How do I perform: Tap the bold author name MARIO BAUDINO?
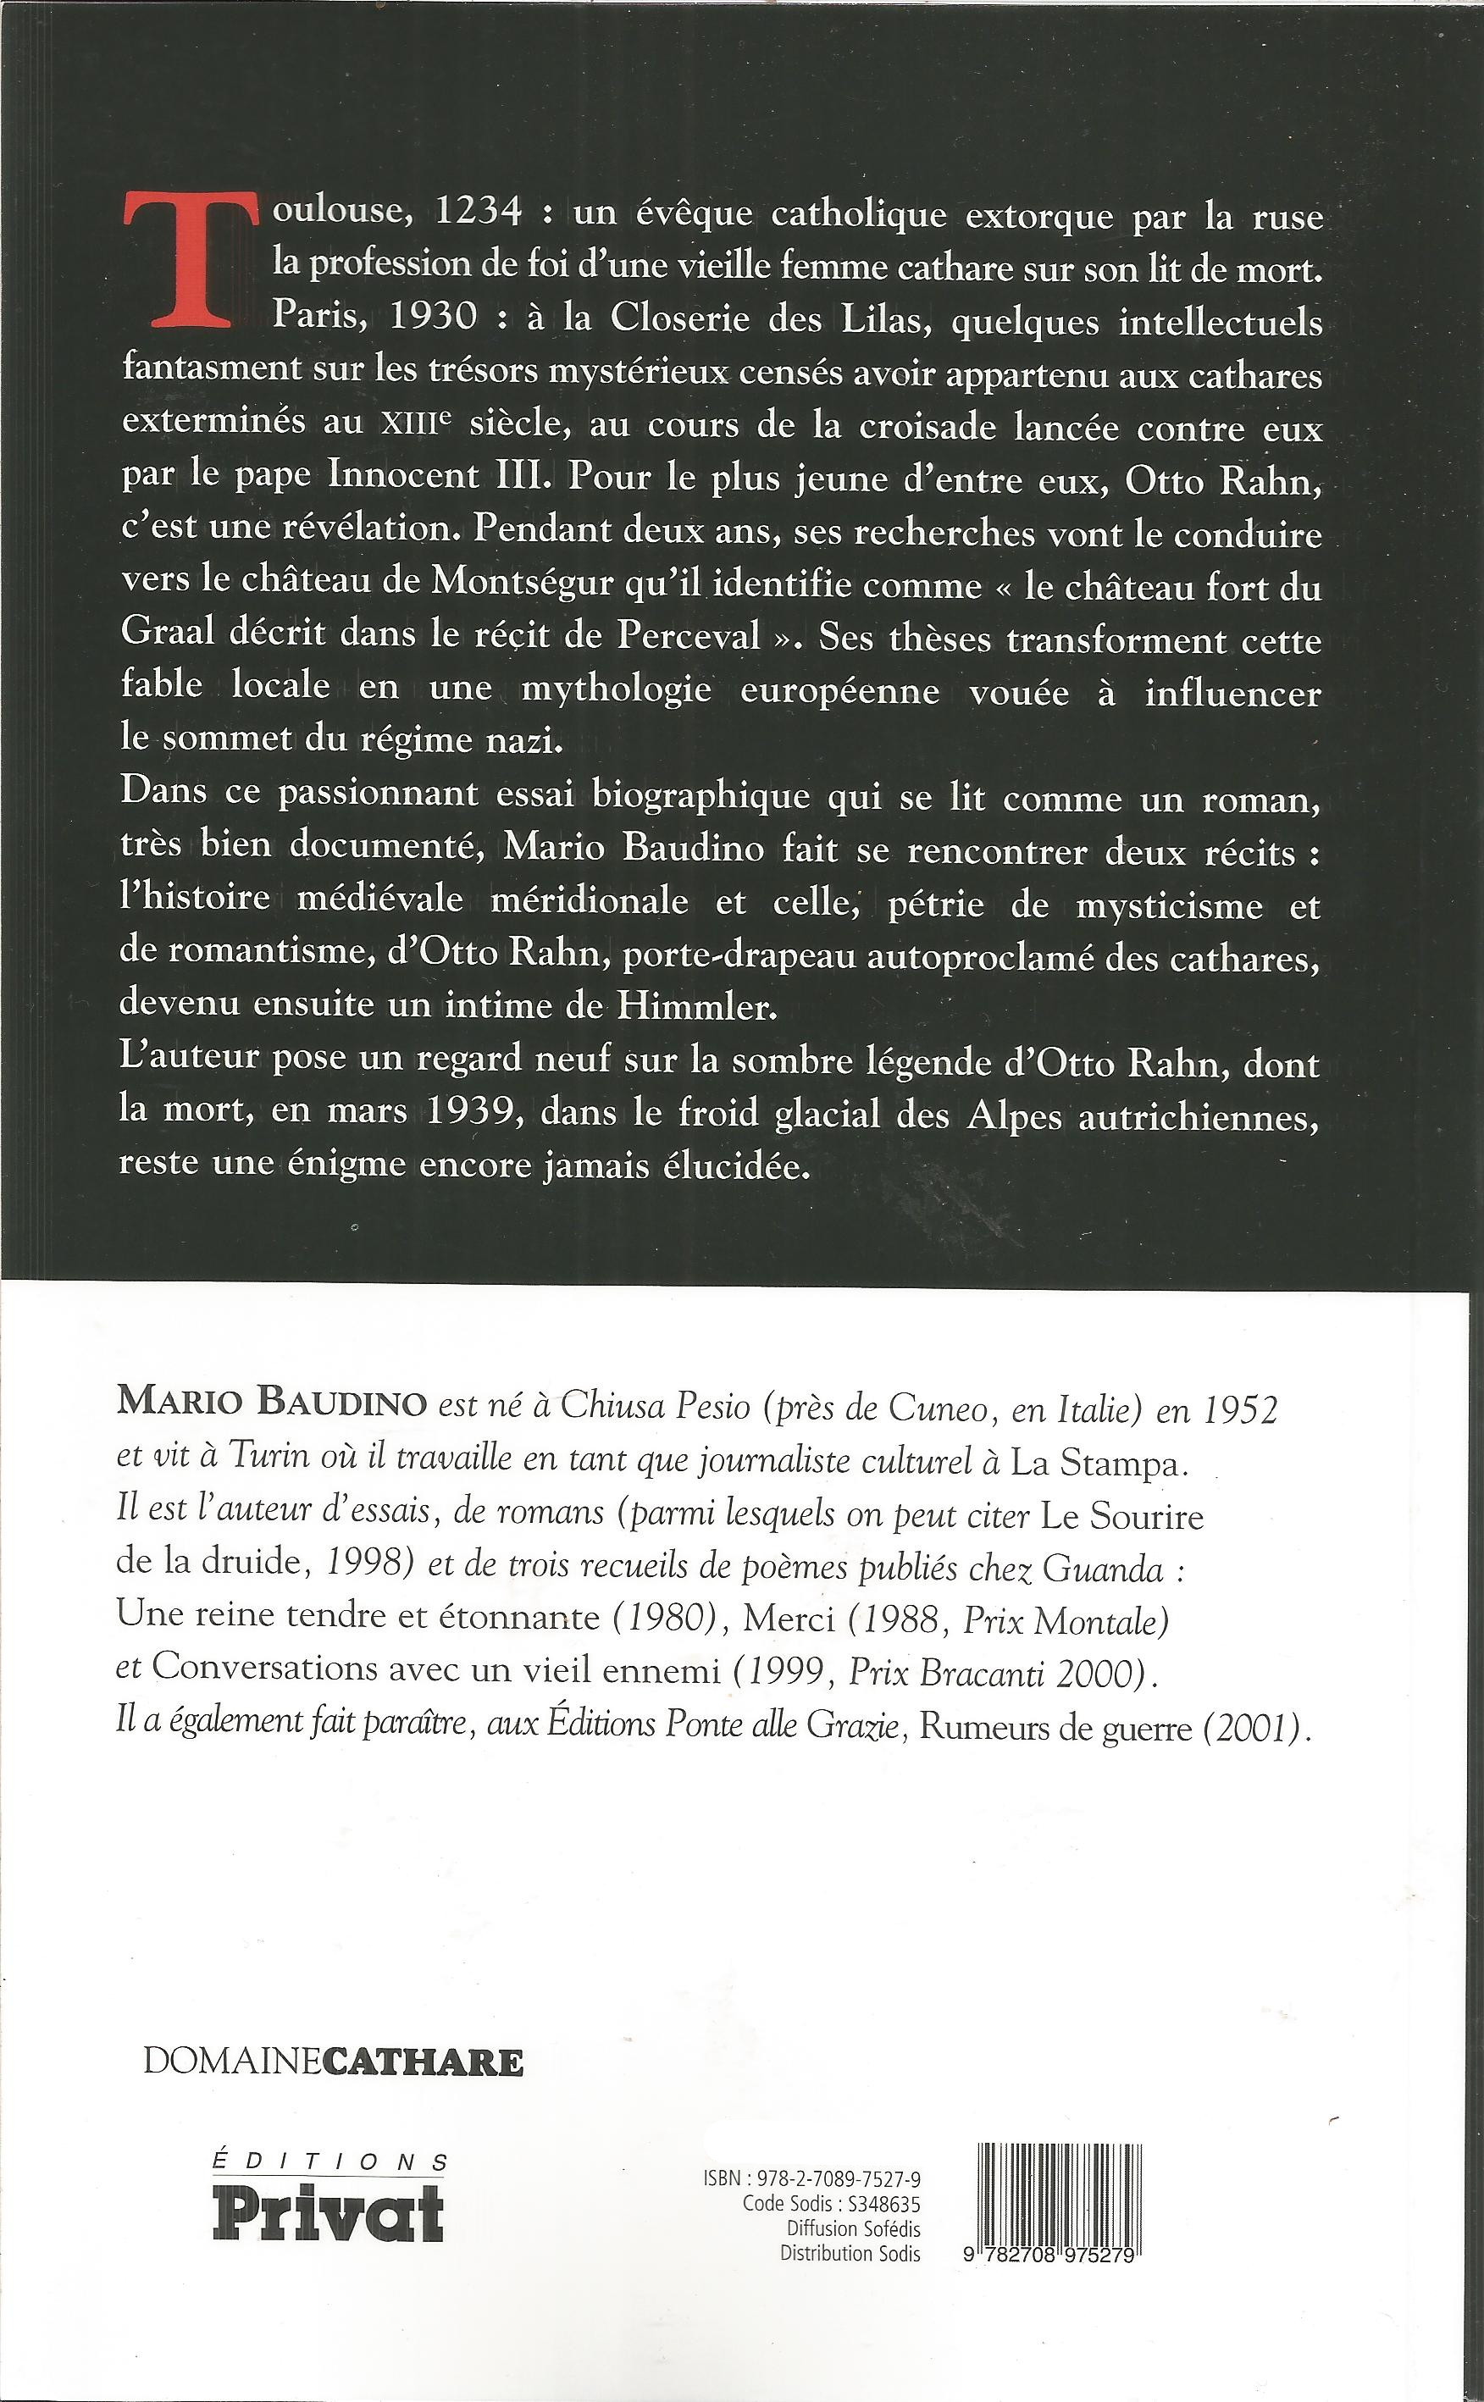coord(271,1403)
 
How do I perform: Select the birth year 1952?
coord(1239,1409)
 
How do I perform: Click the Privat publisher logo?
coord(329,2212)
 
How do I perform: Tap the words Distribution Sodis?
coord(850,2253)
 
